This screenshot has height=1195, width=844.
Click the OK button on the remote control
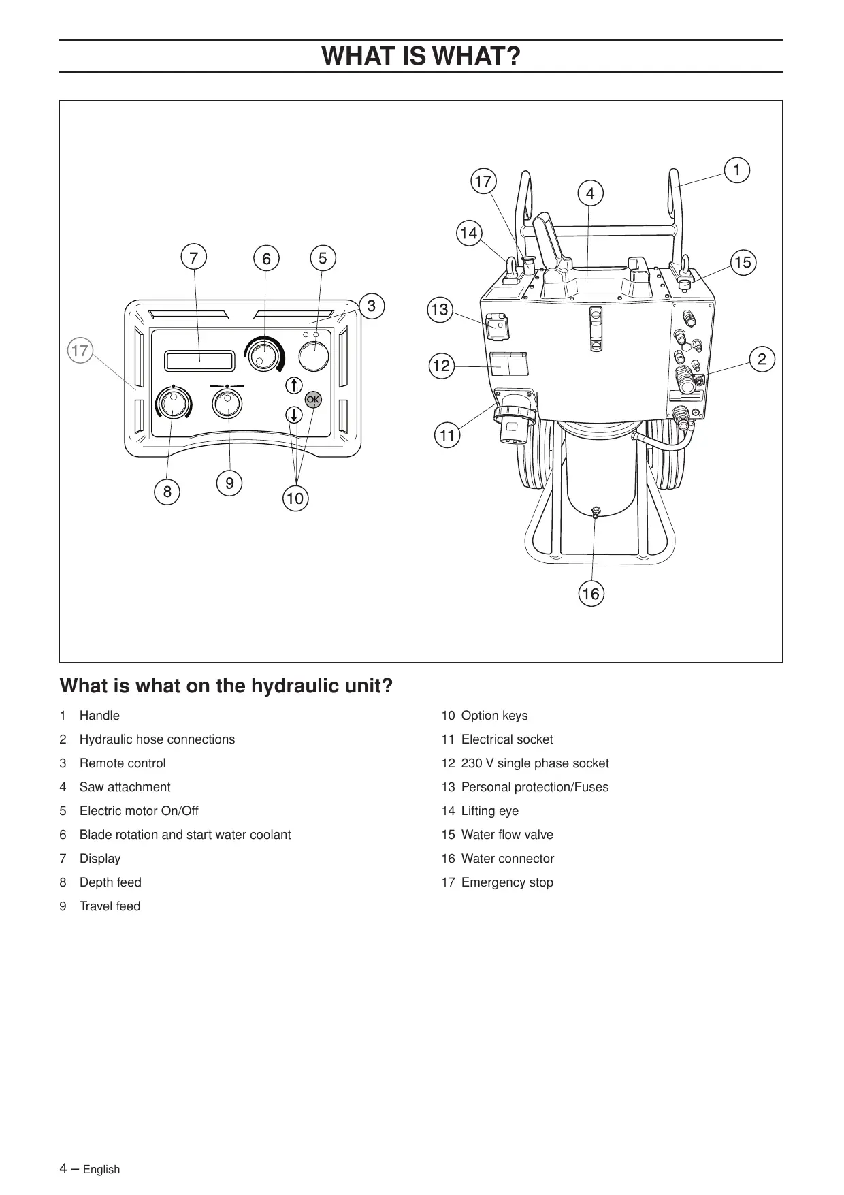[313, 400]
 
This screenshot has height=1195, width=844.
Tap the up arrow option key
[293, 385]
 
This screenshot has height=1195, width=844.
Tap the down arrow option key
[293, 414]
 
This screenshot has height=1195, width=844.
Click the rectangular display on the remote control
[199, 361]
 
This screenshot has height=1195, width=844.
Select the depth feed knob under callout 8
[173, 404]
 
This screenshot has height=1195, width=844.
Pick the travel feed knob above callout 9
[227, 404]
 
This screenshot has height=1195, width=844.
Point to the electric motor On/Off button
[314, 355]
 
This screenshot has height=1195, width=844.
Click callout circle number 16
[591, 594]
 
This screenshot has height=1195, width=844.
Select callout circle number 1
[736, 170]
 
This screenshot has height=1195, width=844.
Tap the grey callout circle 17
[80, 351]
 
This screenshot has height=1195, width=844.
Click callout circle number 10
[295, 498]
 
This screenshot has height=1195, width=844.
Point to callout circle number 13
[440, 310]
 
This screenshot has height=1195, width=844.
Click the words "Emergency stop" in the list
[507, 882]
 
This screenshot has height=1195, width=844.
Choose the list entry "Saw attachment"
[125, 787]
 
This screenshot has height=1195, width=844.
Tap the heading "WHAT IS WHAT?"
[421, 56]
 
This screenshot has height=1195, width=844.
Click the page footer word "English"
[101, 1169]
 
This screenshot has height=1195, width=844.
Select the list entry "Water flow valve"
[507, 835]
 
